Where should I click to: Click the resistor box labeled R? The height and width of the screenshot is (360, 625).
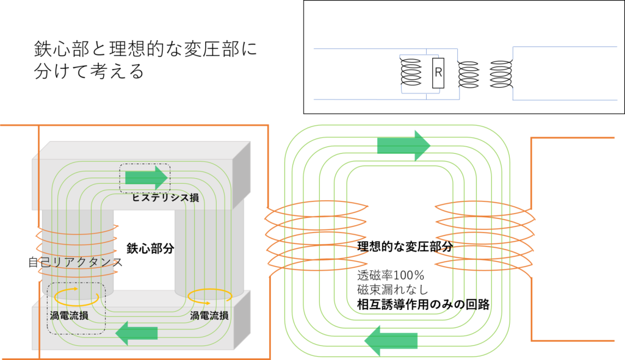[438, 73]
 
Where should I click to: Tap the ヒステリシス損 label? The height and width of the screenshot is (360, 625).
[165, 198]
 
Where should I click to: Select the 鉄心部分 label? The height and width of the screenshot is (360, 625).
[150, 249]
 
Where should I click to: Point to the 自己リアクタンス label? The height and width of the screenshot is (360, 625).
[75, 262]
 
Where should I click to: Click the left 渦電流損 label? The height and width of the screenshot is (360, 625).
[69, 315]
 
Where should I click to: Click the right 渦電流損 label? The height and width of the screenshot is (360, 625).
[209, 315]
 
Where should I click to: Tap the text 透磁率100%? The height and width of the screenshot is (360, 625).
[391, 275]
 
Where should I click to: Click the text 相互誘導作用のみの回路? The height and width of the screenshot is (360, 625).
[424, 304]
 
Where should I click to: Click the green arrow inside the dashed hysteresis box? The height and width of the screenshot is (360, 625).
[146, 178]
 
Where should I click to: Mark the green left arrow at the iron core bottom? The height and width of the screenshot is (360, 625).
[137, 333]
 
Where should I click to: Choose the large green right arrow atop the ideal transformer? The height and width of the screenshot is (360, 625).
[404, 145]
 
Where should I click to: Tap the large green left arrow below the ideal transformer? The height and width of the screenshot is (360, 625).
[391, 341]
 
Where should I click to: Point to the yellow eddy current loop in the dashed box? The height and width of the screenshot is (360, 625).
[76, 296]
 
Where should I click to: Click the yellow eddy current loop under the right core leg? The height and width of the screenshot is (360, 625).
[210, 296]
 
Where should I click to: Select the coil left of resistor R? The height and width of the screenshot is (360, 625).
[411, 72]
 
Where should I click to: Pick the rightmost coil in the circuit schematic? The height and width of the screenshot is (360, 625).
[501, 74]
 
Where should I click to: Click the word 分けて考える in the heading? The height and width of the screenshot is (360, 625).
[89, 72]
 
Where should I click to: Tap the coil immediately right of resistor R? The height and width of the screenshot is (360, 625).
[468, 74]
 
